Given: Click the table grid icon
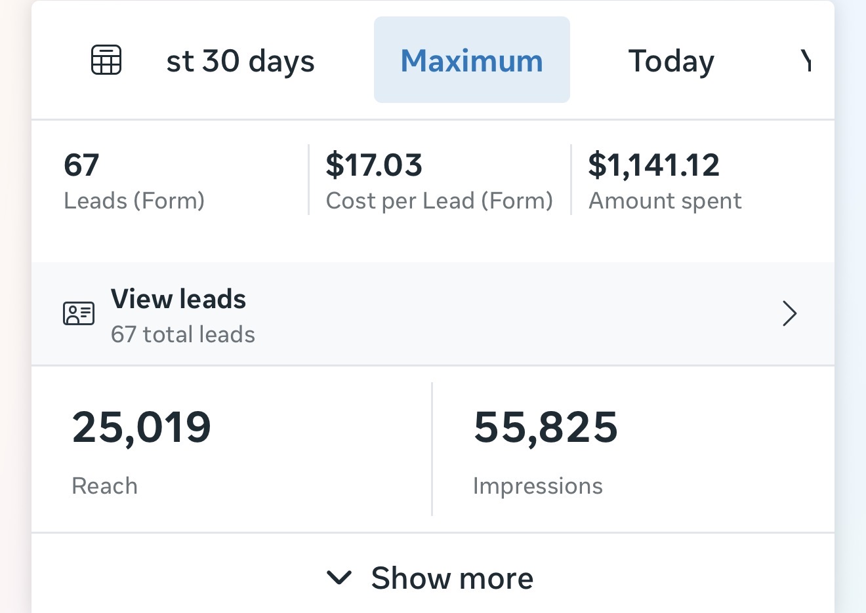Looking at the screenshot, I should tap(106, 60).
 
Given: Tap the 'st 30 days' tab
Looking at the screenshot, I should tap(240, 61).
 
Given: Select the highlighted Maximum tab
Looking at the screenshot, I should tap(472, 60).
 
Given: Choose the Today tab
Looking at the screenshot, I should tap(671, 61).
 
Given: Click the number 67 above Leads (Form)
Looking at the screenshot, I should tap(81, 165).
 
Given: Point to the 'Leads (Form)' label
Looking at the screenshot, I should tap(134, 201).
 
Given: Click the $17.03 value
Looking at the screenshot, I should tap(374, 165).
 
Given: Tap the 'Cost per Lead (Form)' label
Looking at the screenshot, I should tap(439, 201).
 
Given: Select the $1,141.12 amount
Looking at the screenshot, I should tap(653, 165).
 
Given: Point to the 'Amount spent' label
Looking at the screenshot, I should tap(665, 201).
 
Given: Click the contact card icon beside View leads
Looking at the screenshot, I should tap(79, 314).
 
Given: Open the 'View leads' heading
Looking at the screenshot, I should tap(178, 299).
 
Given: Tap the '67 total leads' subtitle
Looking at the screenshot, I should tap(182, 334).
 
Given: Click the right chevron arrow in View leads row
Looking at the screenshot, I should tap(789, 314).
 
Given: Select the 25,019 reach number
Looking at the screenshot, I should tap(141, 427).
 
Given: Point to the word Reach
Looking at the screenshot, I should tap(104, 486).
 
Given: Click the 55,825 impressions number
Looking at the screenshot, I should tap(545, 427).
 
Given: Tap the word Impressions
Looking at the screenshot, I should tap(537, 486).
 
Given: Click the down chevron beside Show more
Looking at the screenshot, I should tap(339, 578).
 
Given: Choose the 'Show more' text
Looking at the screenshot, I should tap(452, 578).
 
